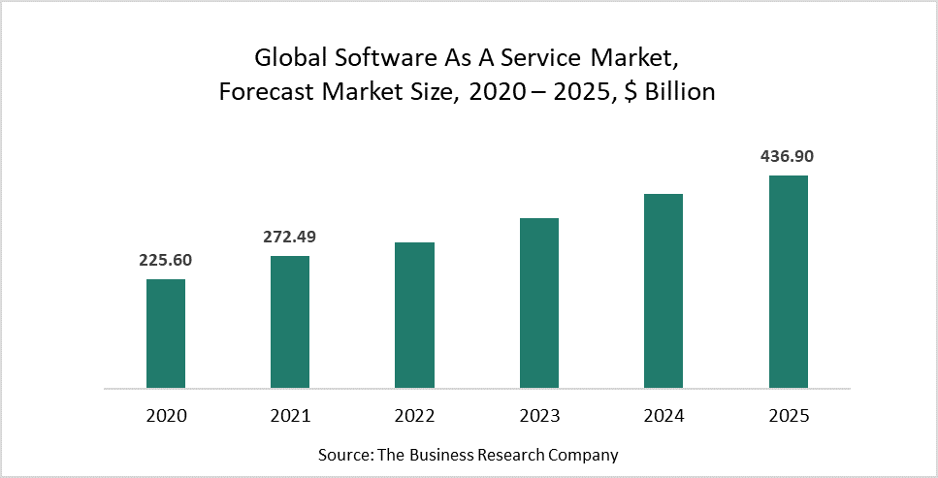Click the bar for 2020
[x=166, y=334]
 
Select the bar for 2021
[x=290, y=322]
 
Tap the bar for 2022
[x=414, y=315]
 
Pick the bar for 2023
[x=539, y=303]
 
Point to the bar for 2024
[x=663, y=291]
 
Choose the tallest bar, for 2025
[x=788, y=281]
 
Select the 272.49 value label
[x=290, y=236]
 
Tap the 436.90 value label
[x=788, y=156]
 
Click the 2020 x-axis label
[x=166, y=416]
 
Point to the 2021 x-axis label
[x=290, y=416]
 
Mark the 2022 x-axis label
[x=414, y=416]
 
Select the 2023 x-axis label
[x=539, y=416]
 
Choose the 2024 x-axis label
[x=663, y=416]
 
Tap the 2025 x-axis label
[x=788, y=416]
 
